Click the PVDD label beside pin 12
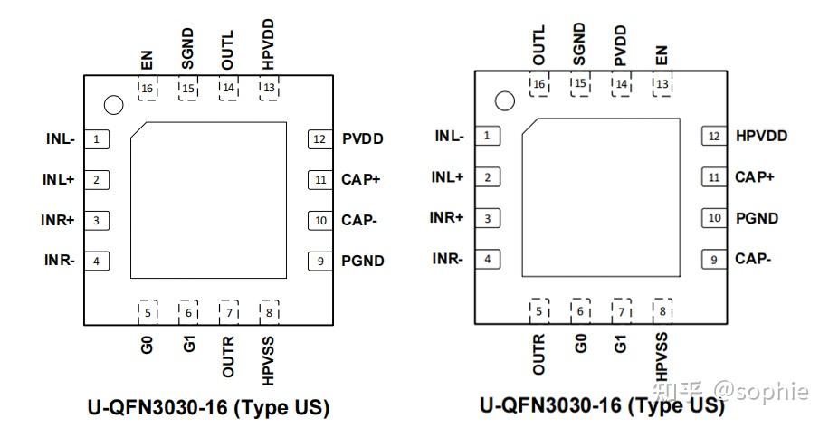point(363,139)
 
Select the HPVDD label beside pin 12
point(761,136)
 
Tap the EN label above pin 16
point(147,61)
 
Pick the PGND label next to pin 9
point(363,262)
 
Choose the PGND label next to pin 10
point(757,218)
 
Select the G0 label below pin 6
point(580,343)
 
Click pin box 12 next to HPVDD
point(715,136)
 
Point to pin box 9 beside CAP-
point(715,260)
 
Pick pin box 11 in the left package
point(320,179)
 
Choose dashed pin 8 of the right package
point(663,311)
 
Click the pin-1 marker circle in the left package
point(113,106)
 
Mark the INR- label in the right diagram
point(448,259)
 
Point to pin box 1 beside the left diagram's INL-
point(96,139)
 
